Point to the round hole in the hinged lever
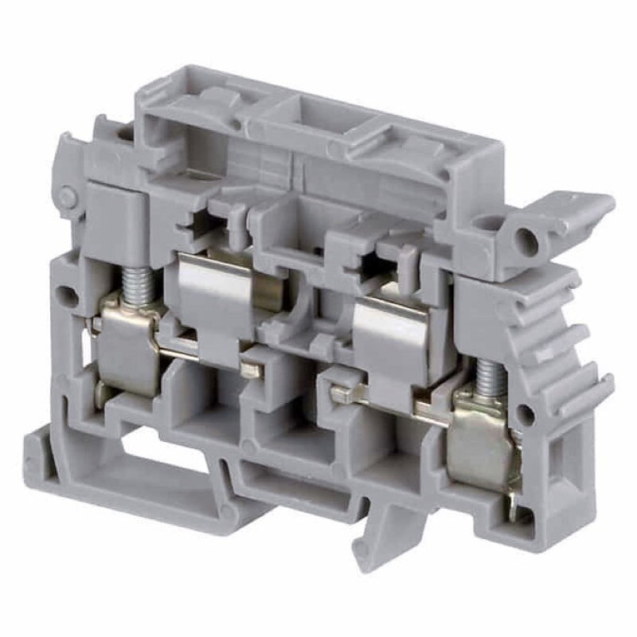[x=526, y=240]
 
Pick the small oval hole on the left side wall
[x=70, y=297]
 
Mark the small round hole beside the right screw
[x=524, y=412]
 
